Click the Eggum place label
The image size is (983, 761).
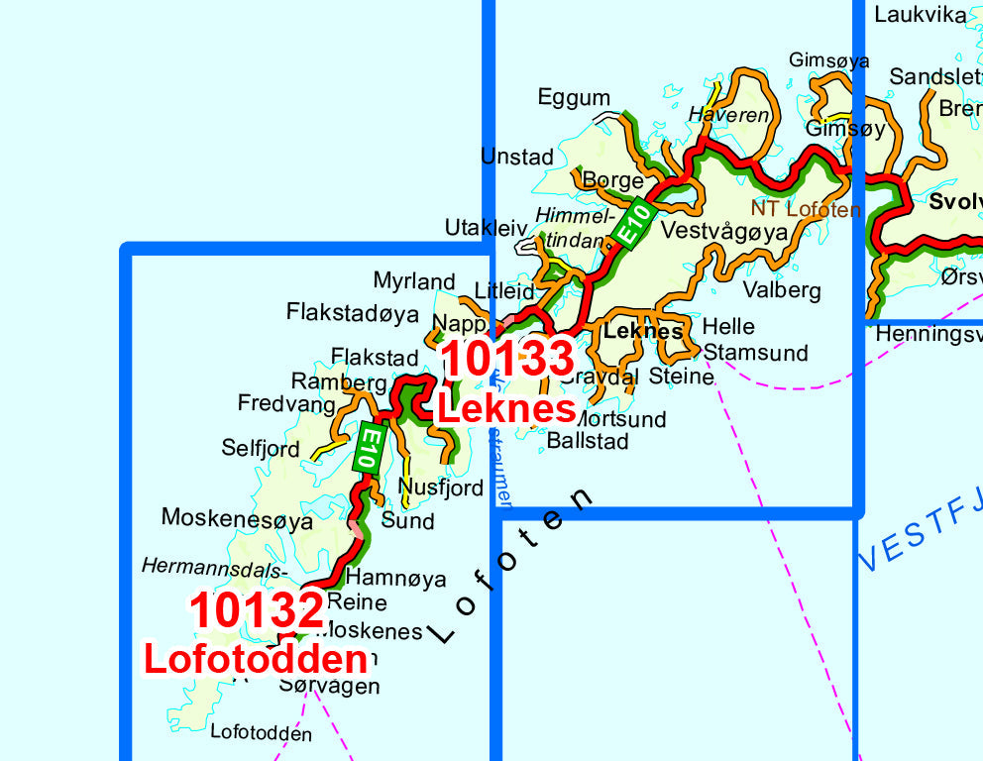tap(574, 97)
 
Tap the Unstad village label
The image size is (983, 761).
tap(516, 157)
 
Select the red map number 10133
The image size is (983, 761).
tap(507, 358)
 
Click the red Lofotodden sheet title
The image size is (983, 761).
tap(256, 659)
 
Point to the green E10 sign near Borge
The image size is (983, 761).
tap(632, 224)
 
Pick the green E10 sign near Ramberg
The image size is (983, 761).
tap(368, 448)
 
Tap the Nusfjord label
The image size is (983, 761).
tap(441, 488)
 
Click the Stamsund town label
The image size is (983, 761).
tap(755, 353)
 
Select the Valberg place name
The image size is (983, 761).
tap(782, 290)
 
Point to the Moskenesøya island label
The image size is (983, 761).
tap(237, 518)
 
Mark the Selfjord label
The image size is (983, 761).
tap(260, 449)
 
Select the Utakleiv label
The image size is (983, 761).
tap(486, 228)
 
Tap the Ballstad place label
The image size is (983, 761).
tap(588, 441)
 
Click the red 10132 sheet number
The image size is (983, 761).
tap(257, 610)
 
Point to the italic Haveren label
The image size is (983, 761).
tap(729, 115)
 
